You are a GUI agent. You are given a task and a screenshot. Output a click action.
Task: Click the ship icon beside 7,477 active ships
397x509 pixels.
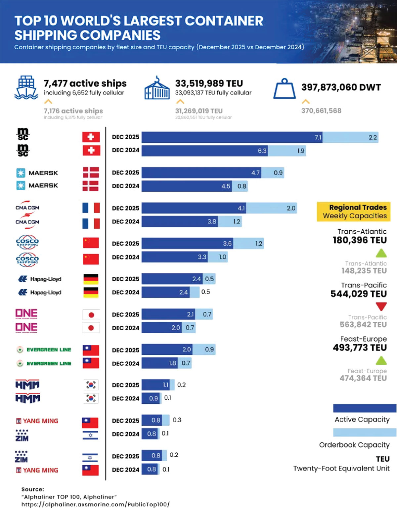click(x=26, y=87)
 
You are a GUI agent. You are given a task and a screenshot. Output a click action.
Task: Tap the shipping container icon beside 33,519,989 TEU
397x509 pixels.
click(x=157, y=88)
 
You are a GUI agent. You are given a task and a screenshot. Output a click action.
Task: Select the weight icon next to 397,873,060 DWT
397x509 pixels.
click(x=284, y=89)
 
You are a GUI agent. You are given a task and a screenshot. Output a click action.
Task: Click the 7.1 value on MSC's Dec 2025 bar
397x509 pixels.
click(x=318, y=137)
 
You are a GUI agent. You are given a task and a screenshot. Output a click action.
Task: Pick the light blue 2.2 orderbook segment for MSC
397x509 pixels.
click(x=350, y=137)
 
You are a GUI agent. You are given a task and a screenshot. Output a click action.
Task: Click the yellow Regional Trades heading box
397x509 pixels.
click(x=354, y=211)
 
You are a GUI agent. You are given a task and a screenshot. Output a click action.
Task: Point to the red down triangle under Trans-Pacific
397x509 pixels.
click(x=381, y=306)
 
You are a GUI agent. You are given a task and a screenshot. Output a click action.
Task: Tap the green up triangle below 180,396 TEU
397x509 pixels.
click(x=381, y=253)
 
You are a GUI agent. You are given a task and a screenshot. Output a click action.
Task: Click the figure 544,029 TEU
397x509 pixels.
click(x=358, y=294)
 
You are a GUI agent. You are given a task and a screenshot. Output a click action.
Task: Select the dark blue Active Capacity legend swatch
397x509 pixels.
click(x=364, y=408)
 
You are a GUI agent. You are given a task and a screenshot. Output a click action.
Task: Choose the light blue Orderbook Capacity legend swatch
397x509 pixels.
click(x=364, y=432)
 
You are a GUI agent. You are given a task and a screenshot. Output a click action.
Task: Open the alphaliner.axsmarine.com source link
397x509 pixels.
click(x=95, y=504)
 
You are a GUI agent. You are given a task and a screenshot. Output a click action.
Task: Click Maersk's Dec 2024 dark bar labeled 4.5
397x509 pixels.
click(x=187, y=186)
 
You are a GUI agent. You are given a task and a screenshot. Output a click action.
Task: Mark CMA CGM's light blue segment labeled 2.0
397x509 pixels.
click(x=271, y=208)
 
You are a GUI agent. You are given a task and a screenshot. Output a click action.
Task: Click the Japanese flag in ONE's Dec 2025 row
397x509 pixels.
click(x=91, y=315)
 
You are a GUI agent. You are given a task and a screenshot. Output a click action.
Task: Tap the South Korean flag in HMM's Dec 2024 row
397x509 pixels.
click(x=91, y=398)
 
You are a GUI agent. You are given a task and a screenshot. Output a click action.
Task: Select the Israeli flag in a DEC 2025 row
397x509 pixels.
click(x=90, y=458)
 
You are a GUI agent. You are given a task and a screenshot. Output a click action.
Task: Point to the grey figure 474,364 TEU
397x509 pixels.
click(x=363, y=378)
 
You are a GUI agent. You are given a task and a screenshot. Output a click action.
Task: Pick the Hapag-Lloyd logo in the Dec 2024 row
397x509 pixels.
click(x=40, y=293)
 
